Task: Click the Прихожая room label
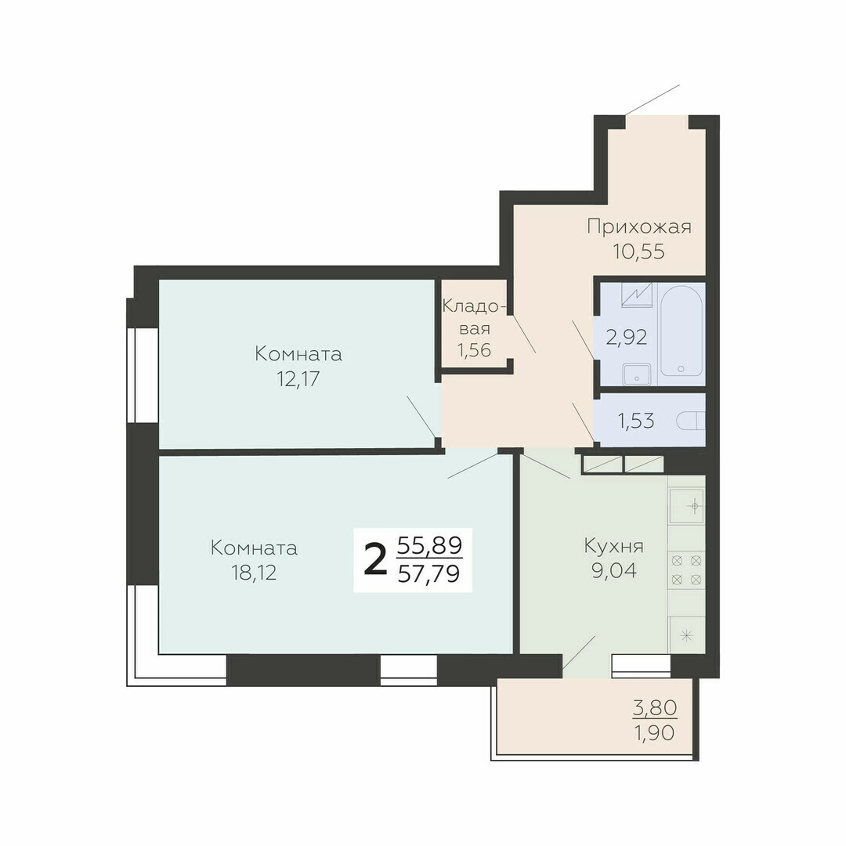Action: (639, 227)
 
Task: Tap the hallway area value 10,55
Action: (639, 251)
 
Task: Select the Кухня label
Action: (614, 547)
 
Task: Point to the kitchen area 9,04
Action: (614, 570)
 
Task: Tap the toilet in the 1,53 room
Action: (691, 421)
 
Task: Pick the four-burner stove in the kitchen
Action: (686, 569)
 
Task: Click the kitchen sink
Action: (686, 506)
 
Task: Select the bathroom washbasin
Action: (637, 374)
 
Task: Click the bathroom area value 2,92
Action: (627, 338)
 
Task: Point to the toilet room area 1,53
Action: (635, 421)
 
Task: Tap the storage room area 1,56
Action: (474, 350)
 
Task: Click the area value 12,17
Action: (298, 379)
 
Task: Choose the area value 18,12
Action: (254, 573)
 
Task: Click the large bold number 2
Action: (375, 560)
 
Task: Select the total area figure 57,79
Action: (429, 573)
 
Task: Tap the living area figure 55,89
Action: (429, 546)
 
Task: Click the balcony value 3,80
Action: (654, 707)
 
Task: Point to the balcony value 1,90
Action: (654, 733)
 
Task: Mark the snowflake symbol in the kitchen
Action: (687, 635)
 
